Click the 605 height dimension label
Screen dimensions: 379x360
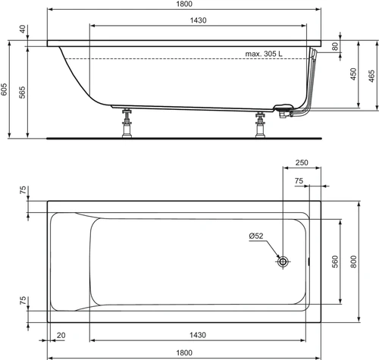[x=4, y=89]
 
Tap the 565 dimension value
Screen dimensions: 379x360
[x=22, y=92]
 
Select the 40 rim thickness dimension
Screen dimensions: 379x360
[x=23, y=29]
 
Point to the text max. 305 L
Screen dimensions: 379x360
[x=264, y=54]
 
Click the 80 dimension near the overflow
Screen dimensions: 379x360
[x=335, y=46]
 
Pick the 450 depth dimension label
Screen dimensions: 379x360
[x=353, y=74]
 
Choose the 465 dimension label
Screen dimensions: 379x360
[x=371, y=76]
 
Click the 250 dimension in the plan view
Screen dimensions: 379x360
[x=302, y=162]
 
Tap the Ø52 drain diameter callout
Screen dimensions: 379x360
[x=256, y=236]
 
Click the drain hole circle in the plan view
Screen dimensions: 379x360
[x=283, y=261]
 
